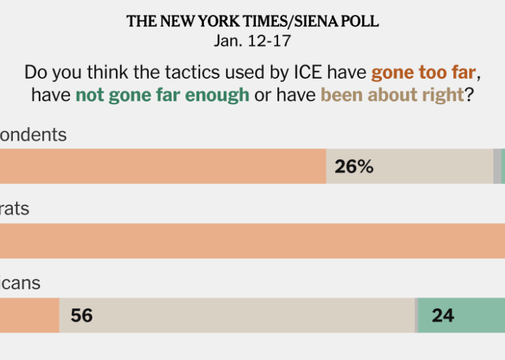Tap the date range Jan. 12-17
[x=252, y=40]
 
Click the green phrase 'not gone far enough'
[x=162, y=94]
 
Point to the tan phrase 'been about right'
[x=392, y=94]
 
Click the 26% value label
[x=353, y=167]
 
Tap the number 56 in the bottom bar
[x=81, y=315]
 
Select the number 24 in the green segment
[x=442, y=315]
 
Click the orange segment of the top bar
[x=162, y=166]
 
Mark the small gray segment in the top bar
[x=497, y=166]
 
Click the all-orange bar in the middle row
[x=252, y=241]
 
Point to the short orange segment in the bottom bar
[x=29, y=315]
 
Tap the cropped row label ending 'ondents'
[x=33, y=135]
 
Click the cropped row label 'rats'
[x=15, y=209]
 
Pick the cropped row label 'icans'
[x=20, y=283]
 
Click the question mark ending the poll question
[x=469, y=94]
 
